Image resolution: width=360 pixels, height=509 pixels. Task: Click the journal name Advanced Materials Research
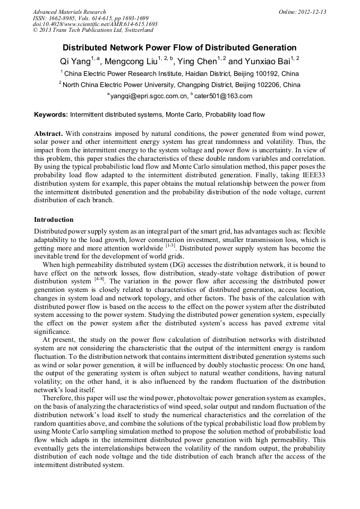[x=69, y=12]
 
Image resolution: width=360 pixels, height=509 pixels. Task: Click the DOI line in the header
[x=95, y=24]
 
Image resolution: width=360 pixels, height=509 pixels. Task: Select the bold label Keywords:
[x=51, y=115]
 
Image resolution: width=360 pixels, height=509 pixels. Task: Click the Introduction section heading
[x=54, y=220]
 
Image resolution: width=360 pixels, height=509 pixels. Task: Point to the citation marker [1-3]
[x=170, y=246]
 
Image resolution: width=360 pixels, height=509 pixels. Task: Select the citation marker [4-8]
[x=99, y=279]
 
